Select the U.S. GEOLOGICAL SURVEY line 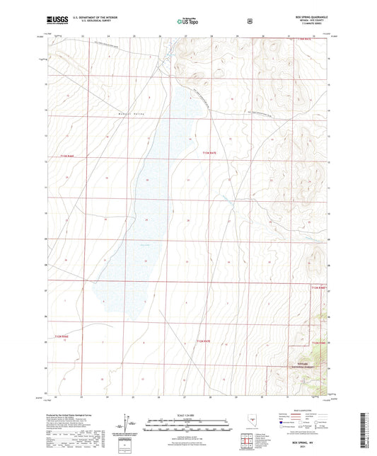coord(88,21)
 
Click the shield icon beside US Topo coord(248,21)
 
